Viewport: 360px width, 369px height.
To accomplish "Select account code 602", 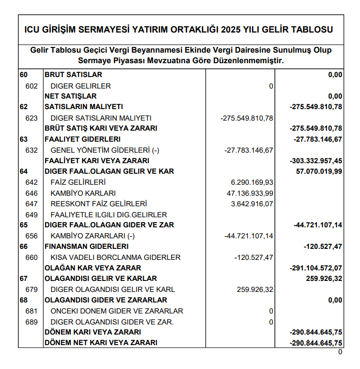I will (x=31, y=86).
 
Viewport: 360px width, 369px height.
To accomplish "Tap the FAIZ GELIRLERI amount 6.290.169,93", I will (x=252, y=182).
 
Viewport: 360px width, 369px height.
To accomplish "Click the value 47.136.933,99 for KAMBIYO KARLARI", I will (x=249, y=193).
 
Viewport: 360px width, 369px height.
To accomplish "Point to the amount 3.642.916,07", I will (x=252, y=204).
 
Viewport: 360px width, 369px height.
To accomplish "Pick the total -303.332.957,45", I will (x=316, y=161).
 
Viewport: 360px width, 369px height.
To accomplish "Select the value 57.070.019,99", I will (x=318, y=171).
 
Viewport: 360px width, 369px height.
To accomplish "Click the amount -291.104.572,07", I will (x=316, y=268).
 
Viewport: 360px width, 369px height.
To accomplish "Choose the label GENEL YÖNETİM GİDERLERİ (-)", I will (x=105, y=150).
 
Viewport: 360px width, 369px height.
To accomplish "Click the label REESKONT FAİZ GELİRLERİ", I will (x=99, y=204).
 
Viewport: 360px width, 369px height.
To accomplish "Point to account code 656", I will (x=31, y=236).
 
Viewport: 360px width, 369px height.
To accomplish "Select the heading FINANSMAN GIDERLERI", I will (x=87, y=246).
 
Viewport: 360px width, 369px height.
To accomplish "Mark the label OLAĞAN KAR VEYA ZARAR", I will (x=93, y=268).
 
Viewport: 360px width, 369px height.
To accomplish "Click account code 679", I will (x=31, y=290).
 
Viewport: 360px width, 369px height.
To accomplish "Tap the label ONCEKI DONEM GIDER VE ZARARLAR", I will (x=117, y=311).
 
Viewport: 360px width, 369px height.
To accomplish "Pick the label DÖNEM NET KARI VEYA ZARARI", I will (x=101, y=343).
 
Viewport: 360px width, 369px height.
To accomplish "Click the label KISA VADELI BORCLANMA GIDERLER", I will (x=115, y=257).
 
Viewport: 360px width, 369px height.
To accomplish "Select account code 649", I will (x=31, y=214).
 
